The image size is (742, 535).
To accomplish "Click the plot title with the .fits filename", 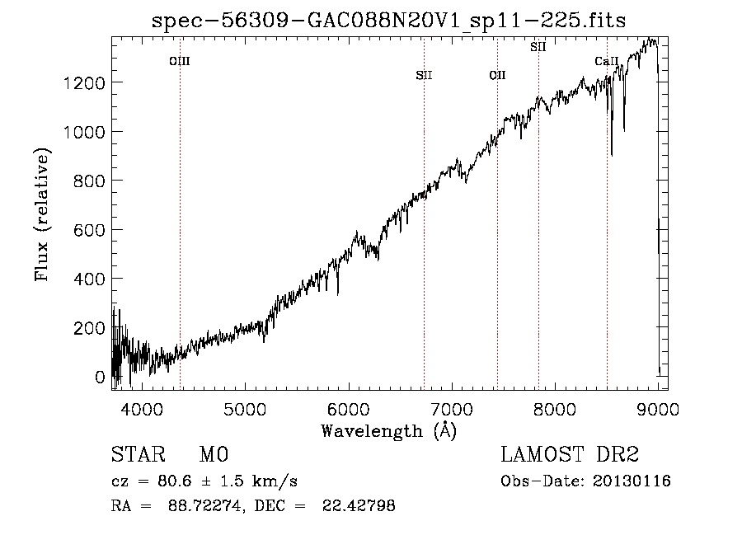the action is (388, 21).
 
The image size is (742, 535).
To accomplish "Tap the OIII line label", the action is (180, 61).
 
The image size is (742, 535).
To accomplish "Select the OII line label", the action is (497, 75).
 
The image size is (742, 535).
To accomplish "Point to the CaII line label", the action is (607, 61).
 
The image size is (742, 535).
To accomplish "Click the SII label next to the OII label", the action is (424, 75).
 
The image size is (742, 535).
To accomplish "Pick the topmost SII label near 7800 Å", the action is (538, 47).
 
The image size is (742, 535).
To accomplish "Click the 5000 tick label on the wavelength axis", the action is (245, 409).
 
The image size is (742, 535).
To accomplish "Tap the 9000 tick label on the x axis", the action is (658, 409).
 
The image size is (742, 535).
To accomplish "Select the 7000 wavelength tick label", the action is (452, 409).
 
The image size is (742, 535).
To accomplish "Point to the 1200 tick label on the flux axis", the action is (84, 83).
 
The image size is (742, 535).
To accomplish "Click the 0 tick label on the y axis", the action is (100, 377).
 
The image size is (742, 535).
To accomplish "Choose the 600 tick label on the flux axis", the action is (89, 230).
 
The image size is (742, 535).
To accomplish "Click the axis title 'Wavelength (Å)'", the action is (389, 431).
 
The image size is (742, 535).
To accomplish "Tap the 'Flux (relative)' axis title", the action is (42, 215).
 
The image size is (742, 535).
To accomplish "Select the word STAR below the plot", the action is (139, 454).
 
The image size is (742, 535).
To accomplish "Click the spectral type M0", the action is (214, 454).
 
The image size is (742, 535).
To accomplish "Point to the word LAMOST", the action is (542, 454).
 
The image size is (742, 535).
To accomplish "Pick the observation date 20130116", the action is (632, 481).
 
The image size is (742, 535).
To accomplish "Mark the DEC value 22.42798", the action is (359, 505).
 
